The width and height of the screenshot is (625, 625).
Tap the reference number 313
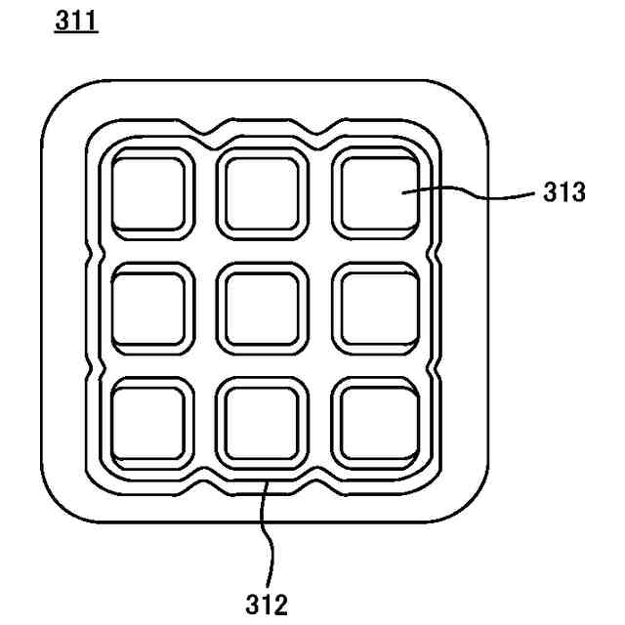pyautogui.click(x=563, y=192)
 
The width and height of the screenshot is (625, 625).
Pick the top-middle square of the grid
pyautogui.click(x=261, y=193)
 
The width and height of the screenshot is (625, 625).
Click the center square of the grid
pyautogui.click(x=261, y=309)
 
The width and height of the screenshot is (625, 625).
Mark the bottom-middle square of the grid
pyautogui.click(x=261, y=422)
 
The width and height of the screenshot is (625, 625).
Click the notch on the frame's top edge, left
pyautogui.click(x=205, y=128)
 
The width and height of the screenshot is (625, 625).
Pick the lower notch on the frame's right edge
pyautogui.click(x=431, y=366)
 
